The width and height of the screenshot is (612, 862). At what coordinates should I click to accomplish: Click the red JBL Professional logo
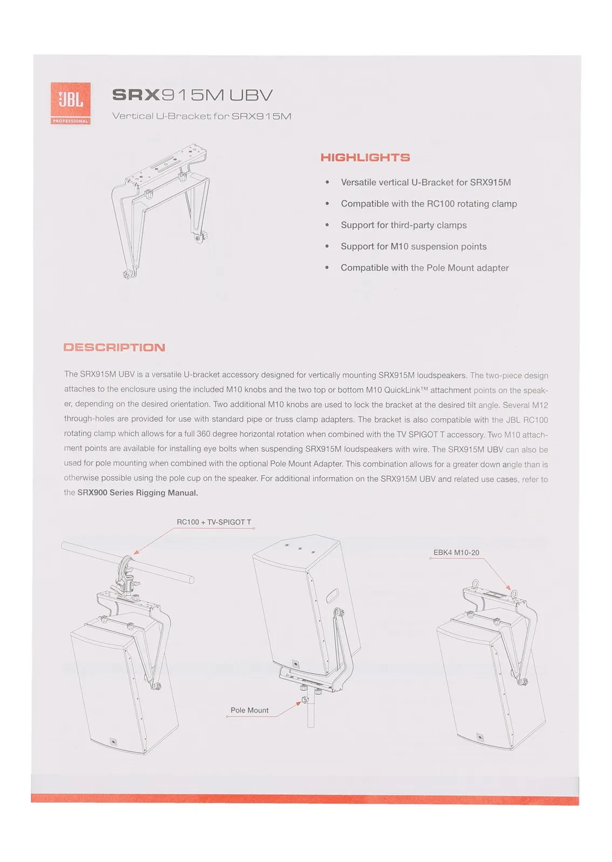[x=70, y=103]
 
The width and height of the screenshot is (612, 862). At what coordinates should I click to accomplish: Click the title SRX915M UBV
[x=192, y=95]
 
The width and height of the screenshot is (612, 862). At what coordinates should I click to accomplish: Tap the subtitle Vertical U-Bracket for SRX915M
[x=201, y=116]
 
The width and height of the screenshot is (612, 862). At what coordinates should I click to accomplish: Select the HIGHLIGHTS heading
[x=365, y=157]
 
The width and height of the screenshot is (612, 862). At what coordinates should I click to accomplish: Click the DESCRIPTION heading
[x=114, y=347]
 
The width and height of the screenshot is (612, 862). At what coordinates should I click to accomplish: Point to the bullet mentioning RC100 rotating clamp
[x=429, y=204]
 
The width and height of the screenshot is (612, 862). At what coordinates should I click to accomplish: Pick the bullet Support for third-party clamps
[x=403, y=225]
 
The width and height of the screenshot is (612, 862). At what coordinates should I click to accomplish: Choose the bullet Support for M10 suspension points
[x=414, y=246]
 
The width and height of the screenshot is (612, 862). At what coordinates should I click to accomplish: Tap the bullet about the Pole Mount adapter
[x=424, y=268]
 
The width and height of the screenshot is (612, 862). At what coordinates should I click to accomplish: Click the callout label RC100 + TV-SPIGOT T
[x=214, y=522]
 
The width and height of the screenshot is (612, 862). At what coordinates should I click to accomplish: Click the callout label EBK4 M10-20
[x=456, y=553]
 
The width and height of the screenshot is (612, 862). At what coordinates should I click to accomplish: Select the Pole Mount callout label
[x=249, y=711]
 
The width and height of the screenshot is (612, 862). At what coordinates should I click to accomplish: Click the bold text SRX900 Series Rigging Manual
[x=137, y=492]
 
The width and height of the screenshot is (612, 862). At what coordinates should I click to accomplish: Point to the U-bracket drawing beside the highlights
[x=160, y=210]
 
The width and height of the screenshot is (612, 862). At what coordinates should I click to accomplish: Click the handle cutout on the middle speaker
[x=332, y=595]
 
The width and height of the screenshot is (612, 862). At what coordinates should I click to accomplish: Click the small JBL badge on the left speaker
[x=113, y=742]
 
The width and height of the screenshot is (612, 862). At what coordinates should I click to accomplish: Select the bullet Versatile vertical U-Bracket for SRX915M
[x=425, y=182]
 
